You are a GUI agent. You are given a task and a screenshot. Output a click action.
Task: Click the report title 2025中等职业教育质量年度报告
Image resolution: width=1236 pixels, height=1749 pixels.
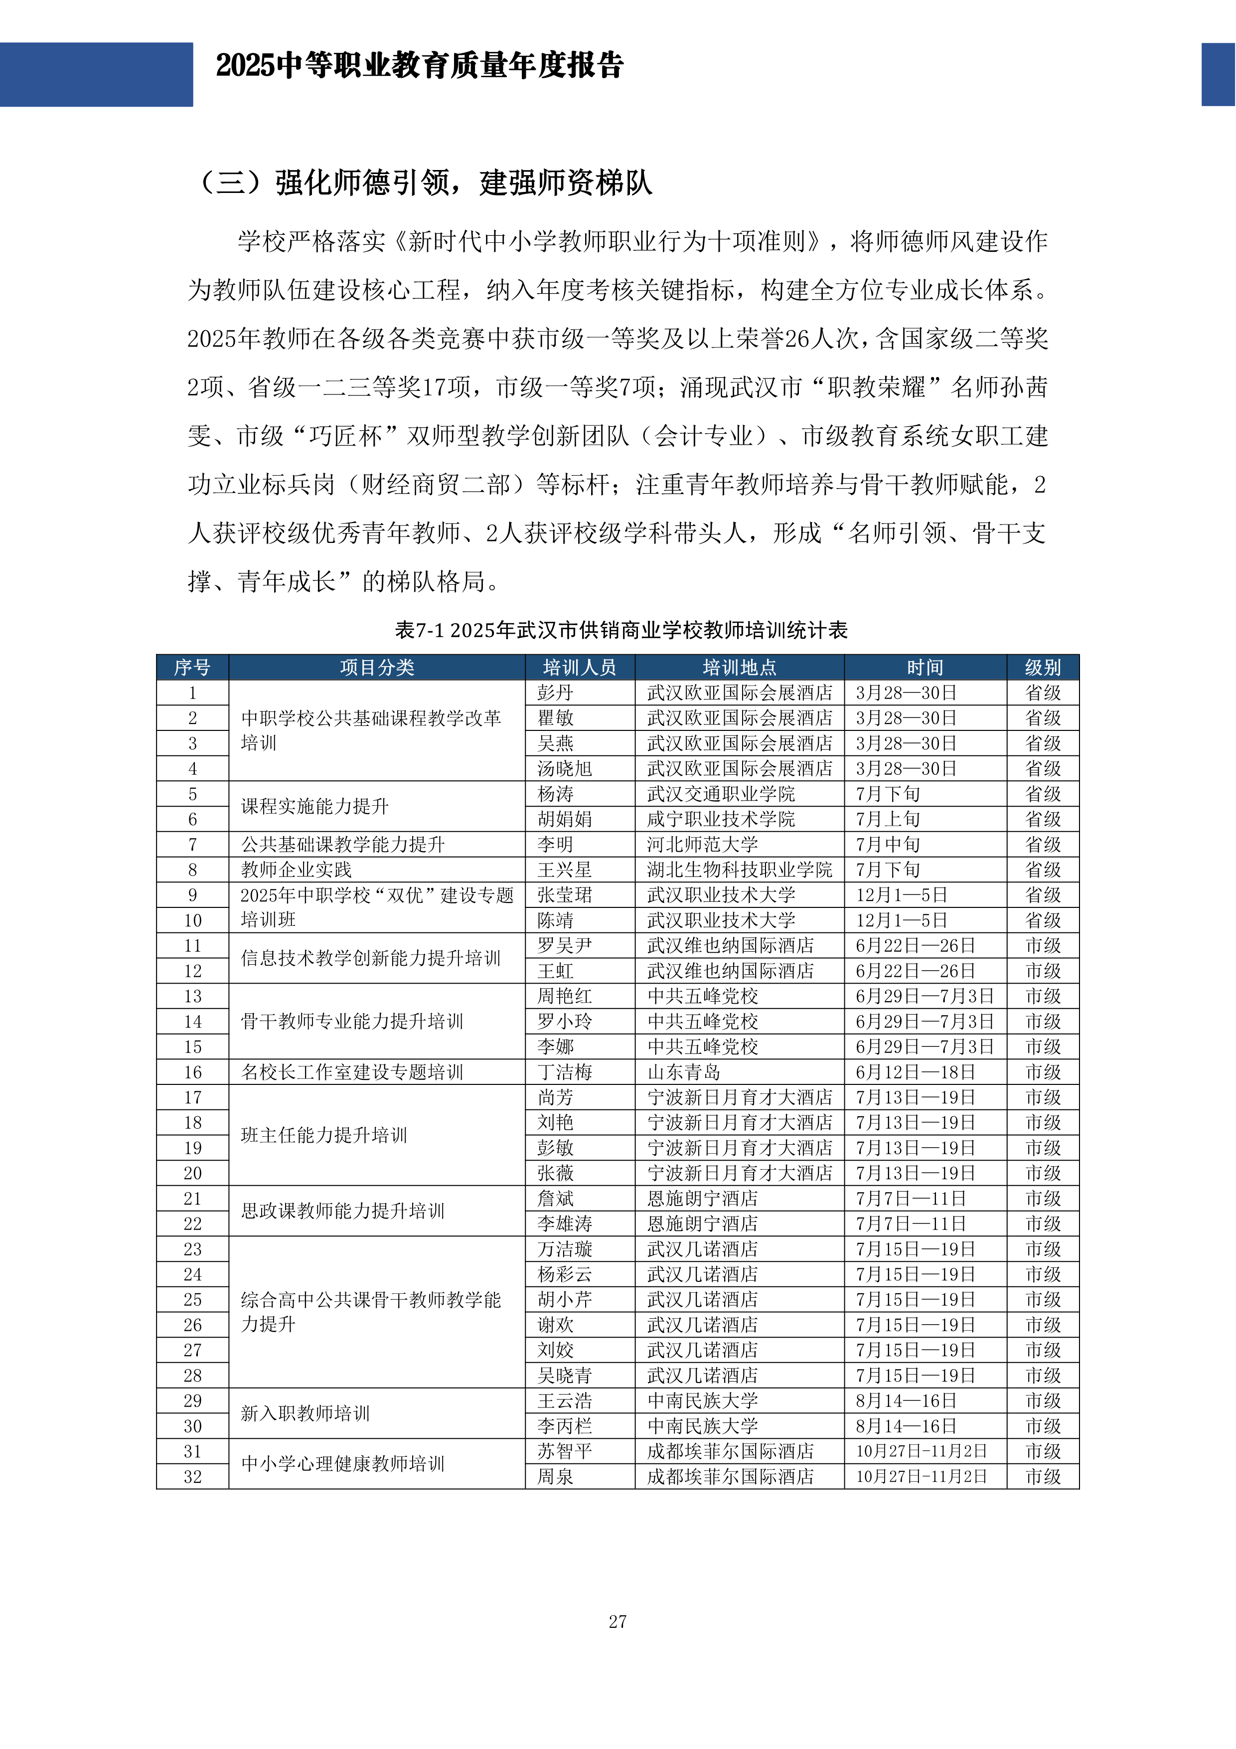point(420,65)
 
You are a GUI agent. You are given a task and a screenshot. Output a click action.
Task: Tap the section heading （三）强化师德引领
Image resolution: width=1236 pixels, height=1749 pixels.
point(424,183)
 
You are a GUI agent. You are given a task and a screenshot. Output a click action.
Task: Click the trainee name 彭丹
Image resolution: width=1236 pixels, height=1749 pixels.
point(555,693)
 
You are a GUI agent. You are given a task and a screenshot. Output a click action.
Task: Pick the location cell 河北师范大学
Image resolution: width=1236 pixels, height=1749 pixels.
point(702,844)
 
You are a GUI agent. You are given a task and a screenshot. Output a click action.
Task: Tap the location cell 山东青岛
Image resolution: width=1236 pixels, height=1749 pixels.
point(683,1072)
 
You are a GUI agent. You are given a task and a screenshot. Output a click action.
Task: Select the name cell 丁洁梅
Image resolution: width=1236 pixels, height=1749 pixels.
point(564,1072)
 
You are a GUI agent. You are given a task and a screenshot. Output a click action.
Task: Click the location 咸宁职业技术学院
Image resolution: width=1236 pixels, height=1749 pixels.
point(721,819)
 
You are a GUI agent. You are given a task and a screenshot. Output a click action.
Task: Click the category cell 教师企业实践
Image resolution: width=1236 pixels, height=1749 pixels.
point(296,869)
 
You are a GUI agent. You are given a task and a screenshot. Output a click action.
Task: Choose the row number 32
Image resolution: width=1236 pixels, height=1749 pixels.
point(193,1476)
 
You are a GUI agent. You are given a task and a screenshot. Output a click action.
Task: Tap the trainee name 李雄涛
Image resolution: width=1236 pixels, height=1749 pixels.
point(564,1224)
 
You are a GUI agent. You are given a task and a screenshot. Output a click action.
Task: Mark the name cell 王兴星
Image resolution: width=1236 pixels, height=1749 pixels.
point(564,869)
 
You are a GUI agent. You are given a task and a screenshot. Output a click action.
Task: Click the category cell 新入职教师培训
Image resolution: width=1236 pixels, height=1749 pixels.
point(306,1413)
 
